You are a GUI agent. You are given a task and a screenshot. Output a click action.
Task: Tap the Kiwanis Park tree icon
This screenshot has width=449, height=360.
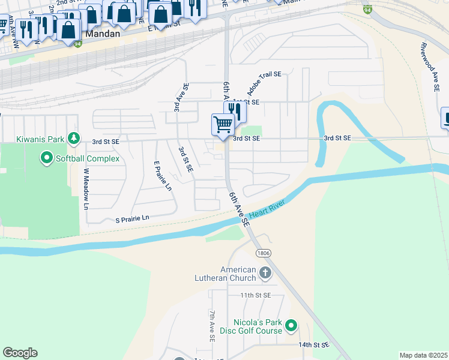tap(74, 139)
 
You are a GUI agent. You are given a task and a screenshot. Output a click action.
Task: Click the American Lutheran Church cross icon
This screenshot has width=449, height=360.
tap(265, 274)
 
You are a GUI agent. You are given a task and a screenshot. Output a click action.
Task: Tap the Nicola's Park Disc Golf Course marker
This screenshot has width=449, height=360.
tap(291, 326)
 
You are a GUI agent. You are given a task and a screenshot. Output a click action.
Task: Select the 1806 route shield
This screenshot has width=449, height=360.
tap(262, 253)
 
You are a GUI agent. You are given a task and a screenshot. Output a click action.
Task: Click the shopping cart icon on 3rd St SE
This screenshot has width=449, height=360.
tap(223, 124)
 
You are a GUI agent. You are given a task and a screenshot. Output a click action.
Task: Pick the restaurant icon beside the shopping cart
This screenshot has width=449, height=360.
tap(235, 111)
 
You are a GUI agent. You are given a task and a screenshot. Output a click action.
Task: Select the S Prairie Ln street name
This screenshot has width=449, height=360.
tap(131, 219)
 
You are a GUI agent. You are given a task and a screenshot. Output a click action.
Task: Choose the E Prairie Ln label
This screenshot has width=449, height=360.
tap(163, 176)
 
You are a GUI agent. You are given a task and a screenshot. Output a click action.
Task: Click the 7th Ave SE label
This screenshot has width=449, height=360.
tap(212, 326)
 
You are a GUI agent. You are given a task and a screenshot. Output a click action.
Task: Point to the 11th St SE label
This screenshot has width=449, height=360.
tap(256, 296)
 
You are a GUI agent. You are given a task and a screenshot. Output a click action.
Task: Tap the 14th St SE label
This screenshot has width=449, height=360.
tap(314, 345)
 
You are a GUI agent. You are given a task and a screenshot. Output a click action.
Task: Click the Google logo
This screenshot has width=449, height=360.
tap(20, 353)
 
